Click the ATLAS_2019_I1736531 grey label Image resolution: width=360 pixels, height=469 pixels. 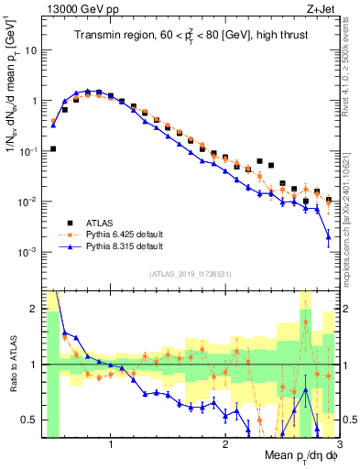[x=190, y=274]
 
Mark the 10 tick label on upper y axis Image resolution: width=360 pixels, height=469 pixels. [x=30, y=50]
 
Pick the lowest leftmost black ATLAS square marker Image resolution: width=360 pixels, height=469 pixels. [x=54, y=148]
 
